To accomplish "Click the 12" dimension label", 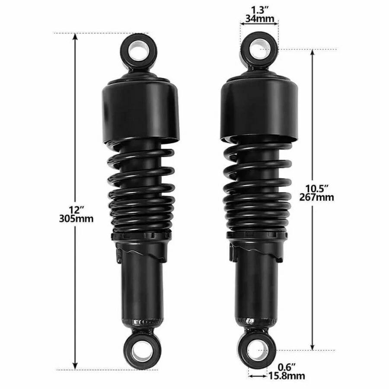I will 76,209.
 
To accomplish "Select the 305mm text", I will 76,218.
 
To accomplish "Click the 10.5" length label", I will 318,188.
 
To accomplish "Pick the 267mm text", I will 318,197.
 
